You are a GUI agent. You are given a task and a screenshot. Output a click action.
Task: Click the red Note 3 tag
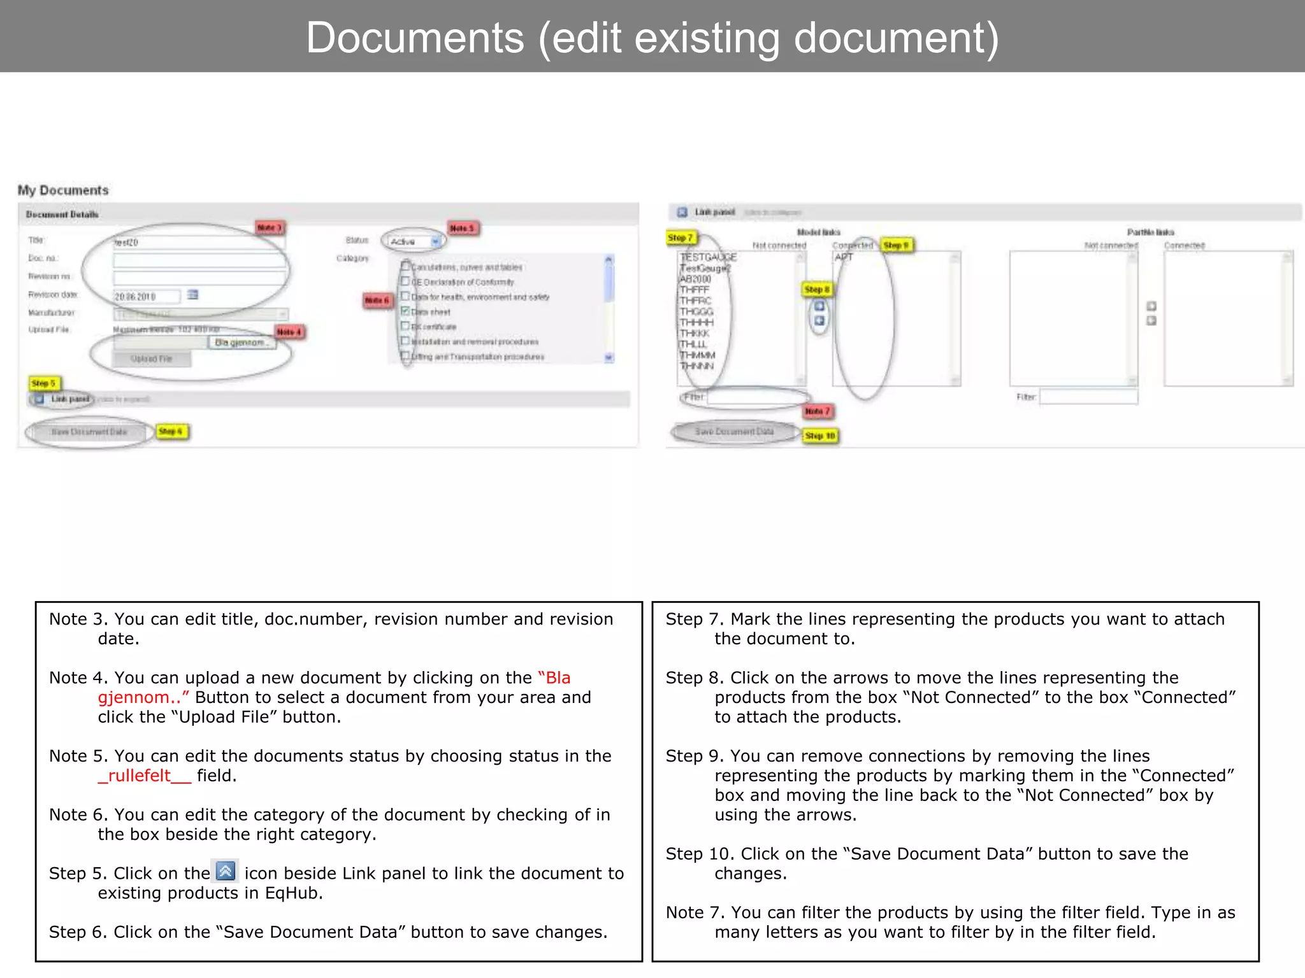coord(270,227)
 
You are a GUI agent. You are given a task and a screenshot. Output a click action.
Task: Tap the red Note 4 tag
coord(289,332)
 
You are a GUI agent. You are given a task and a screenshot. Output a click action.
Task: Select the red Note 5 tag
coord(463,228)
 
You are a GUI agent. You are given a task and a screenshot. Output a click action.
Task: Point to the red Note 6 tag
coord(377,300)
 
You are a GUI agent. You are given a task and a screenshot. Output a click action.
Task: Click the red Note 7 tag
coord(818,411)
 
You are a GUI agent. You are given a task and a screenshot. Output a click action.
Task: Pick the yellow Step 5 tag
coord(44,383)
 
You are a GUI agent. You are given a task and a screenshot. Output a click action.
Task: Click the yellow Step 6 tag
coord(171,431)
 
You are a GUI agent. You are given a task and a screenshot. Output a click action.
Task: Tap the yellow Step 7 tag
coord(681,237)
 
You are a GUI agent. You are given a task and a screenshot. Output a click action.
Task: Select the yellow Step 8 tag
coord(817,289)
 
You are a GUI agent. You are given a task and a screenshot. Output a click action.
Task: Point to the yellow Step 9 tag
coord(897,245)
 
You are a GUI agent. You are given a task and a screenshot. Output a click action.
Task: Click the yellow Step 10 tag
coord(820,436)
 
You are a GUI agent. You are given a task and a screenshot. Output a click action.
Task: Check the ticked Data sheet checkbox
coord(405,311)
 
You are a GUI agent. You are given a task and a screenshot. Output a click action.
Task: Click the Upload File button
coord(152,358)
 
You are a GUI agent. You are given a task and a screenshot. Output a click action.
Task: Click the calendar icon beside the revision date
coord(192,295)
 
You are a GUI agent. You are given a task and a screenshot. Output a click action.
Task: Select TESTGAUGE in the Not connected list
coord(708,257)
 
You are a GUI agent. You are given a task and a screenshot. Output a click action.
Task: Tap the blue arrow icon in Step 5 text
coord(226,871)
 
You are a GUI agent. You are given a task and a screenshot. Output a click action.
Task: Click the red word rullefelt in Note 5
coord(140,776)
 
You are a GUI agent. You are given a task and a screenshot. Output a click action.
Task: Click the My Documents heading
coord(63,190)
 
